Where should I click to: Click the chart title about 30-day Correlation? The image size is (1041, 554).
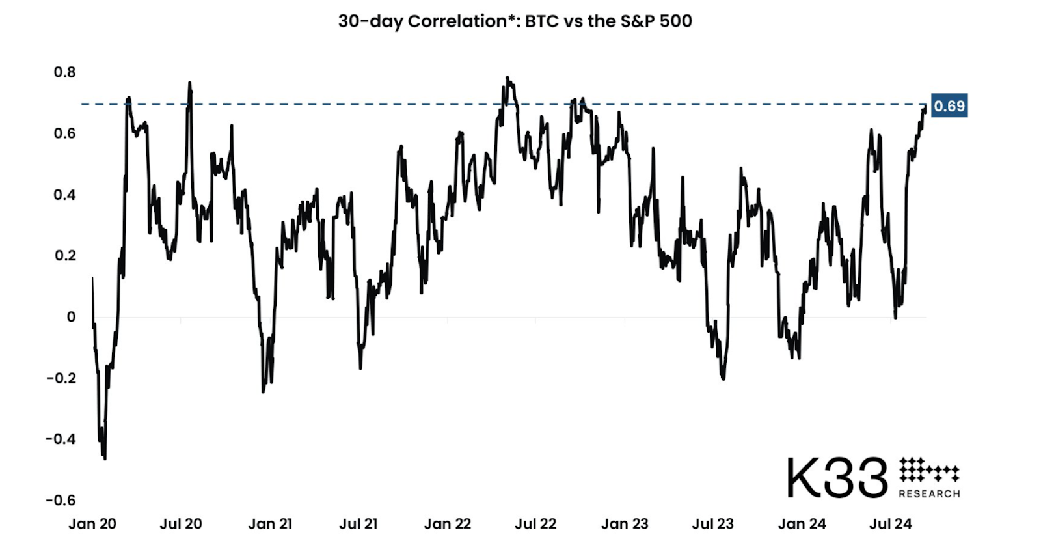pyautogui.click(x=515, y=21)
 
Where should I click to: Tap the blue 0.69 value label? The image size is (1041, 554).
pyautogui.click(x=949, y=106)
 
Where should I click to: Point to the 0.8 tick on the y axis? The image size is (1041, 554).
pyautogui.click(x=64, y=72)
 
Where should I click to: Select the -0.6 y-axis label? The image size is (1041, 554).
pyautogui.click(x=61, y=500)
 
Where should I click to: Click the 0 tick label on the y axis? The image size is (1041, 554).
pyautogui.click(x=71, y=317)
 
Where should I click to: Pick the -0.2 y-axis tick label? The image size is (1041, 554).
pyautogui.click(x=61, y=378)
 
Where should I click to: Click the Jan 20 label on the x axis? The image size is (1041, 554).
pyautogui.click(x=92, y=524)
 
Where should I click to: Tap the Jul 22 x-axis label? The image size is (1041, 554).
pyautogui.click(x=535, y=524)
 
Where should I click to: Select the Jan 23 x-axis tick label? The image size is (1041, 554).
pyautogui.click(x=625, y=524)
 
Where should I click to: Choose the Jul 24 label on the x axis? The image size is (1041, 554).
pyautogui.click(x=890, y=524)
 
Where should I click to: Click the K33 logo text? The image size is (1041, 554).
pyautogui.click(x=837, y=478)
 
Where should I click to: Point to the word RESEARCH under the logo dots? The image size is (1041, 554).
pyautogui.click(x=929, y=494)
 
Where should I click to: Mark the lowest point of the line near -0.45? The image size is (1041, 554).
pyautogui.click(x=105, y=458)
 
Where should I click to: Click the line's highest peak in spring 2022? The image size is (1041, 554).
pyautogui.click(x=507, y=78)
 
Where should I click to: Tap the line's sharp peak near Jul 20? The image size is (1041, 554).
pyautogui.click(x=189, y=83)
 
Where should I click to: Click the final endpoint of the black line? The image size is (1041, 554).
pyautogui.click(x=925, y=107)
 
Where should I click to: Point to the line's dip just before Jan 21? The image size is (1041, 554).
pyautogui.click(x=264, y=391)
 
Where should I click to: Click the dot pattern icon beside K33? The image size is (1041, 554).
pyautogui.click(x=928, y=469)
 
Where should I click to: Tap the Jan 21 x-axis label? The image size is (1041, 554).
pyautogui.click(x=270, y=524)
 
